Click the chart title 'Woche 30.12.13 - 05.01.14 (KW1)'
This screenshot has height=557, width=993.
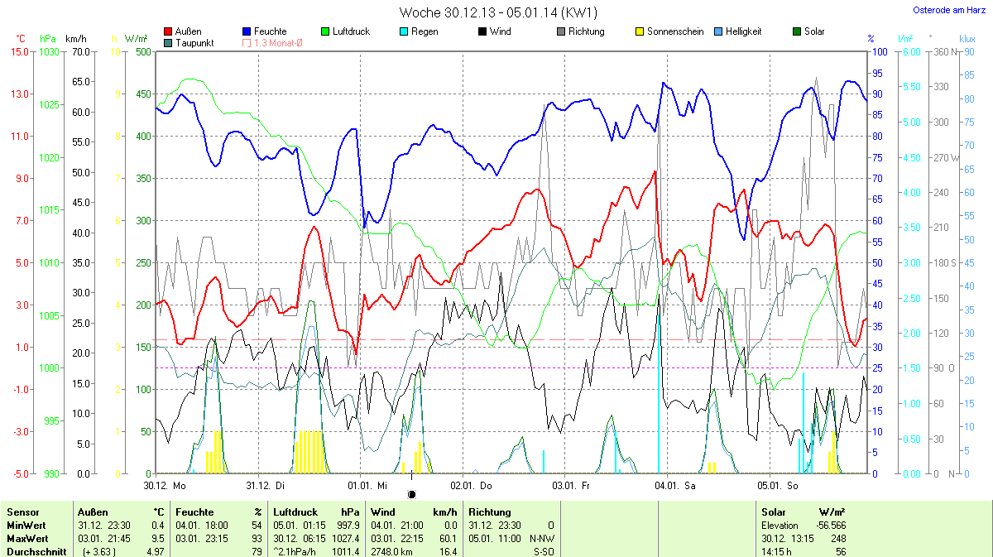coord(498,12)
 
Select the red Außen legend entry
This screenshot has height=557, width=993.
coord(183,31)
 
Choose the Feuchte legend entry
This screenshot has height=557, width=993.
coord(264,31)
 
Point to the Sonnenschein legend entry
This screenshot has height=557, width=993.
coord(669,31)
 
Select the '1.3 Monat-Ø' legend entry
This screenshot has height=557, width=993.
coord(272,42)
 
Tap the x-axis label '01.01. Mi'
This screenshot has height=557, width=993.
coord(368,486)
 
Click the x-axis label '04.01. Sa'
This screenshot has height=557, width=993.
coord(675,486)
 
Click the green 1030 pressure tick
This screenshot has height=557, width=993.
coord(50,51)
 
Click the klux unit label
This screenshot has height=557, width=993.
coord(967,39)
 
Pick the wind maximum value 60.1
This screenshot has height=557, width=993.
coord(447,538)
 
